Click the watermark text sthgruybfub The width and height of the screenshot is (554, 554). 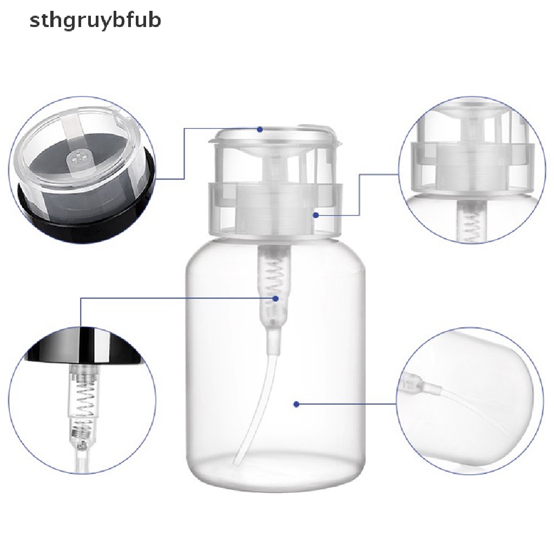(x=95, y=21)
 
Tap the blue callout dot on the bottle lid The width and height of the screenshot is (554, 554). (x=260, y=130)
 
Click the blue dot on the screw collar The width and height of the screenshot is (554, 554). (x=316, y=215)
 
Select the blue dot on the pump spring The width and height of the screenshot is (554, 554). (x=275, y=299)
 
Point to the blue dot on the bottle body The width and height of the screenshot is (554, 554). (x=296, y=404)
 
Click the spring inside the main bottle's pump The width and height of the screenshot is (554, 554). (x=274, y=279)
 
